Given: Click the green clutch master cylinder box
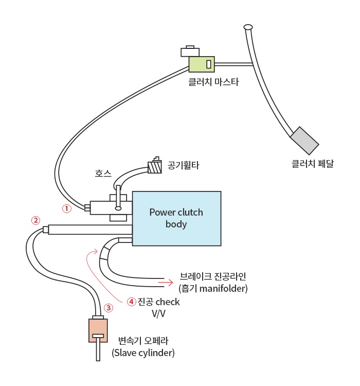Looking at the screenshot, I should (x=201, y=64).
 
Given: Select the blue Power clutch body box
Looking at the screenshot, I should (x=176, y=218).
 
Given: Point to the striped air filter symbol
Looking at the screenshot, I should (x=154, y=167).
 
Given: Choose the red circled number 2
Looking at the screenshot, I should (x=35, y=220).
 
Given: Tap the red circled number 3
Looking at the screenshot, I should (x=108, y=308).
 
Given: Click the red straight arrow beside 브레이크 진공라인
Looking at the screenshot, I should (x=165, y=282).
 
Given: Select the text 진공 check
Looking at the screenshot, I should (x=158, y=302).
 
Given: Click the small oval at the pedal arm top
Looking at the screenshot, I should (x=248, y=26).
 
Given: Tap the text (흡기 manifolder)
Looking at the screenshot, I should (x=213, y=288).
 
